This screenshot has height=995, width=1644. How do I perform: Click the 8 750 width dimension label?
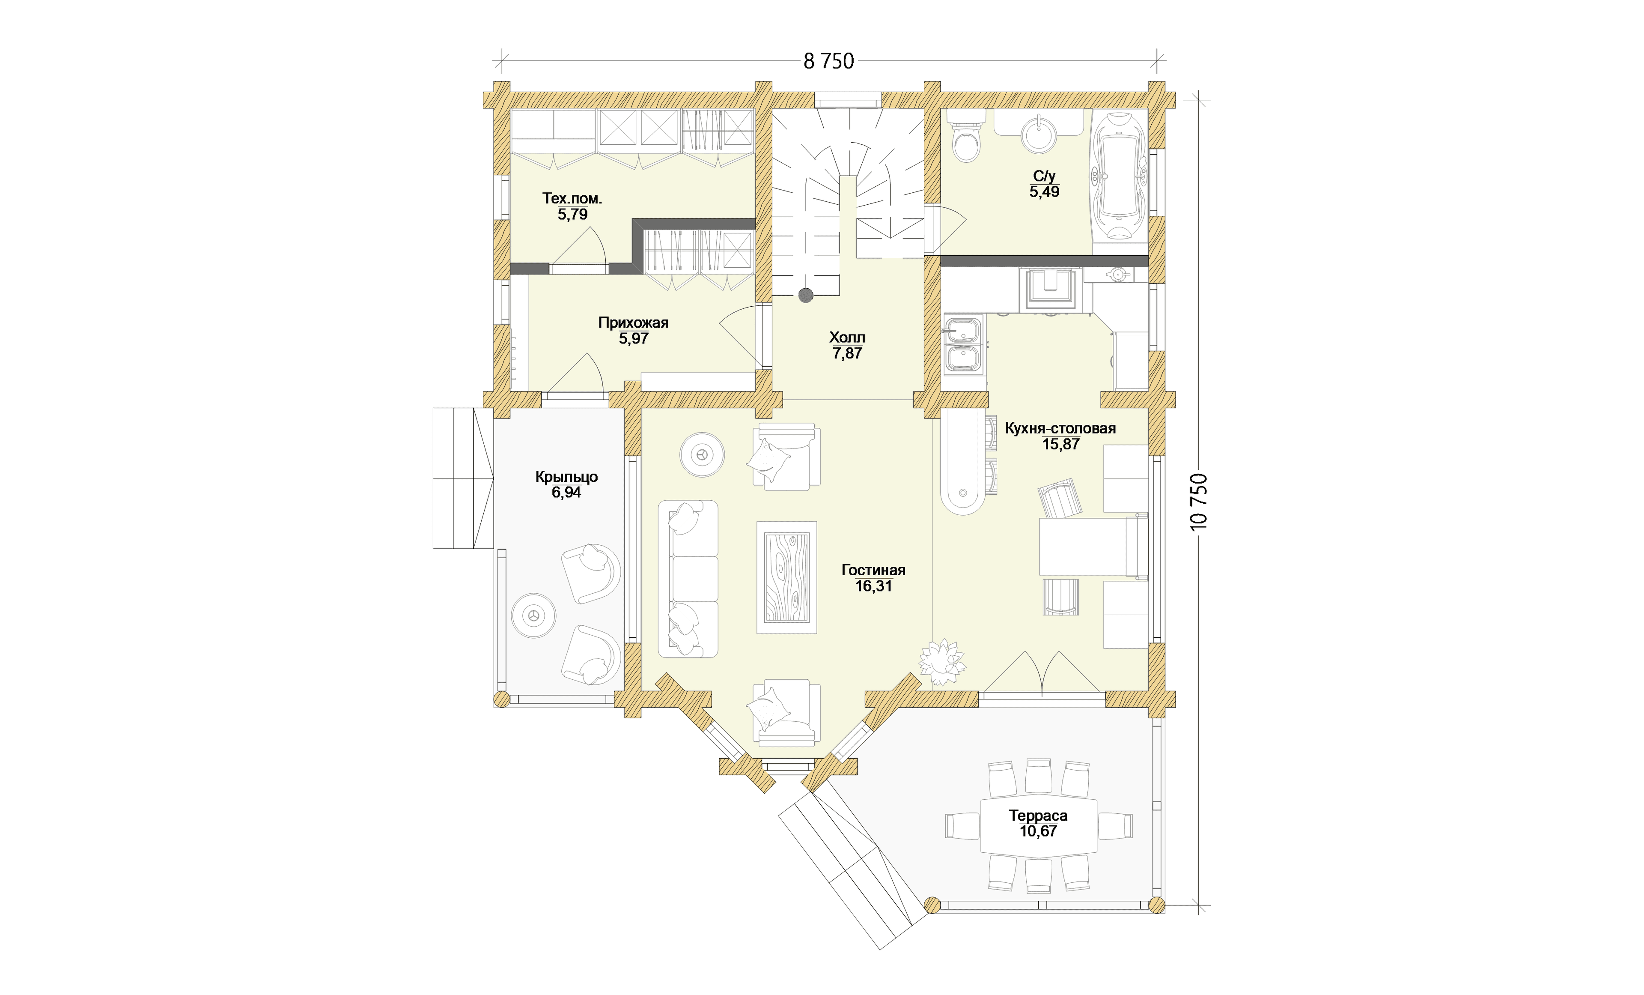(829, 61)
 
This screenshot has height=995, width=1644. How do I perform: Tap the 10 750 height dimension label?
(1199, 502)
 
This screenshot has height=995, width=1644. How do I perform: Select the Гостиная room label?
(873, 570)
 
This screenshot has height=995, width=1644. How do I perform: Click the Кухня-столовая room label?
(1060, 428)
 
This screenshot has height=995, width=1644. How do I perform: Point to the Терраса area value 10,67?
(1038, 831)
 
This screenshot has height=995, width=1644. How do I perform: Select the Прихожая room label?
(633, 323)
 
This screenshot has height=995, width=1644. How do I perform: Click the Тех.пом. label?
(572, 198)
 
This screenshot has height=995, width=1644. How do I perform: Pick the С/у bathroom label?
(1044, 176)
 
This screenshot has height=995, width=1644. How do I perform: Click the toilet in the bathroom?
(966, 139)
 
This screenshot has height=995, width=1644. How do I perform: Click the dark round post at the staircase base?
(806, 295)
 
